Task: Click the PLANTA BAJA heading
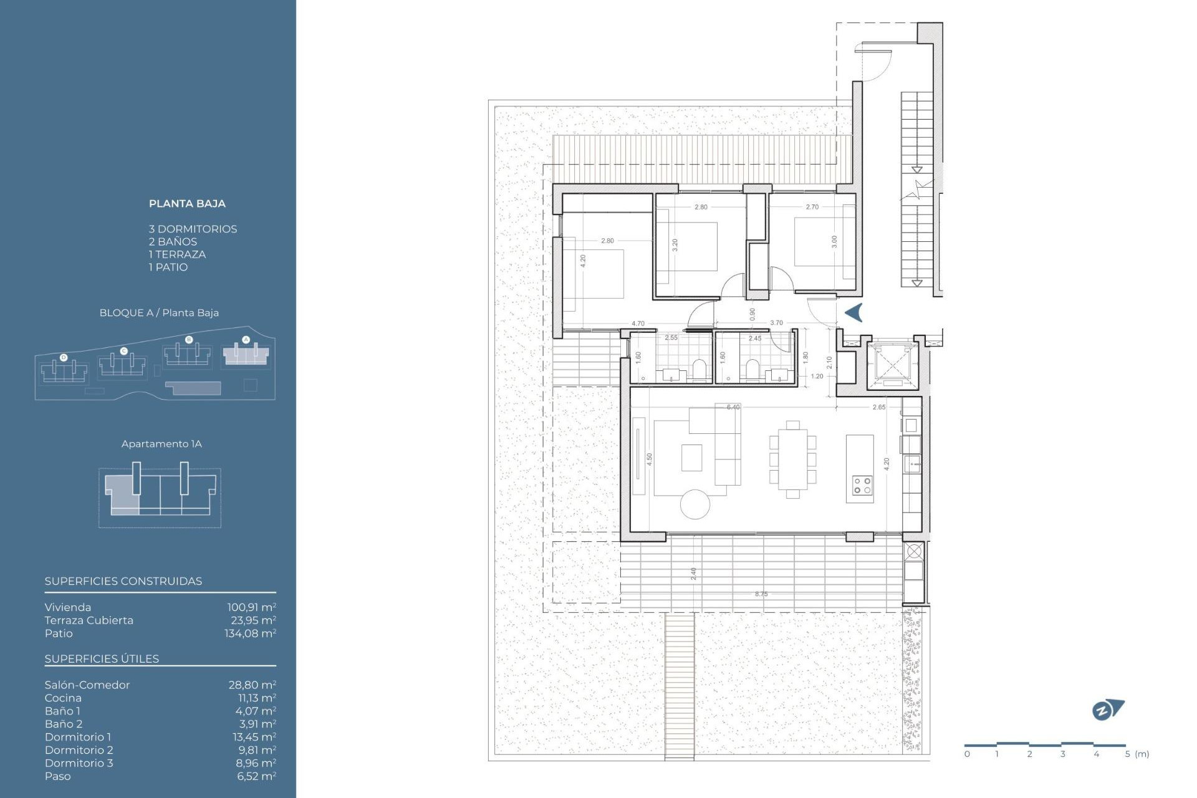click(x=187, y=204)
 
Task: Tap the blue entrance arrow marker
click(x=854, y=312)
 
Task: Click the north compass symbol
click(x=1107, y=710)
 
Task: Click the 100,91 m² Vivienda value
click(x=251, y=607)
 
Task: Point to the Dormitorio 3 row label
click(x=79, y=763)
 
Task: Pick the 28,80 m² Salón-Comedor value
click(x=252, y=685)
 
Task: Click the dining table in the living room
click(x=792, y=459)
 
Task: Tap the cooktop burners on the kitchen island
click(x=863, y=486)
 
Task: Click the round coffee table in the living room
click(x=695, y=504)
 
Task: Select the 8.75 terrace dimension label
click(x=761, y=594)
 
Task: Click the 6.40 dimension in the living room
click(x=733, y=407)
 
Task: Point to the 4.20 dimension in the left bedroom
click(x=583, y=261)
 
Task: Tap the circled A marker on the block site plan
click(x=246, y=340)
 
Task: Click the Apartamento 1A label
click(x=161, y=444)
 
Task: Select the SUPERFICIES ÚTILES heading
click(x=102, y=659)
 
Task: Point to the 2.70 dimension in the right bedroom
click(x=812, y=207)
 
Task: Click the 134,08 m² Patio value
click(x=250, y=633)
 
